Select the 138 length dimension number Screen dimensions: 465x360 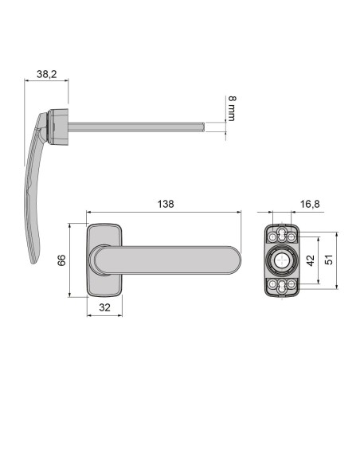[x=166, y=204]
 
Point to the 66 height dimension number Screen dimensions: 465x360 [x=61, y=260]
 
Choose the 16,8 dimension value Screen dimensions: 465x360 [x=310, y=205]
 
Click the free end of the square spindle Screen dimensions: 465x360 [x=205, y=125]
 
